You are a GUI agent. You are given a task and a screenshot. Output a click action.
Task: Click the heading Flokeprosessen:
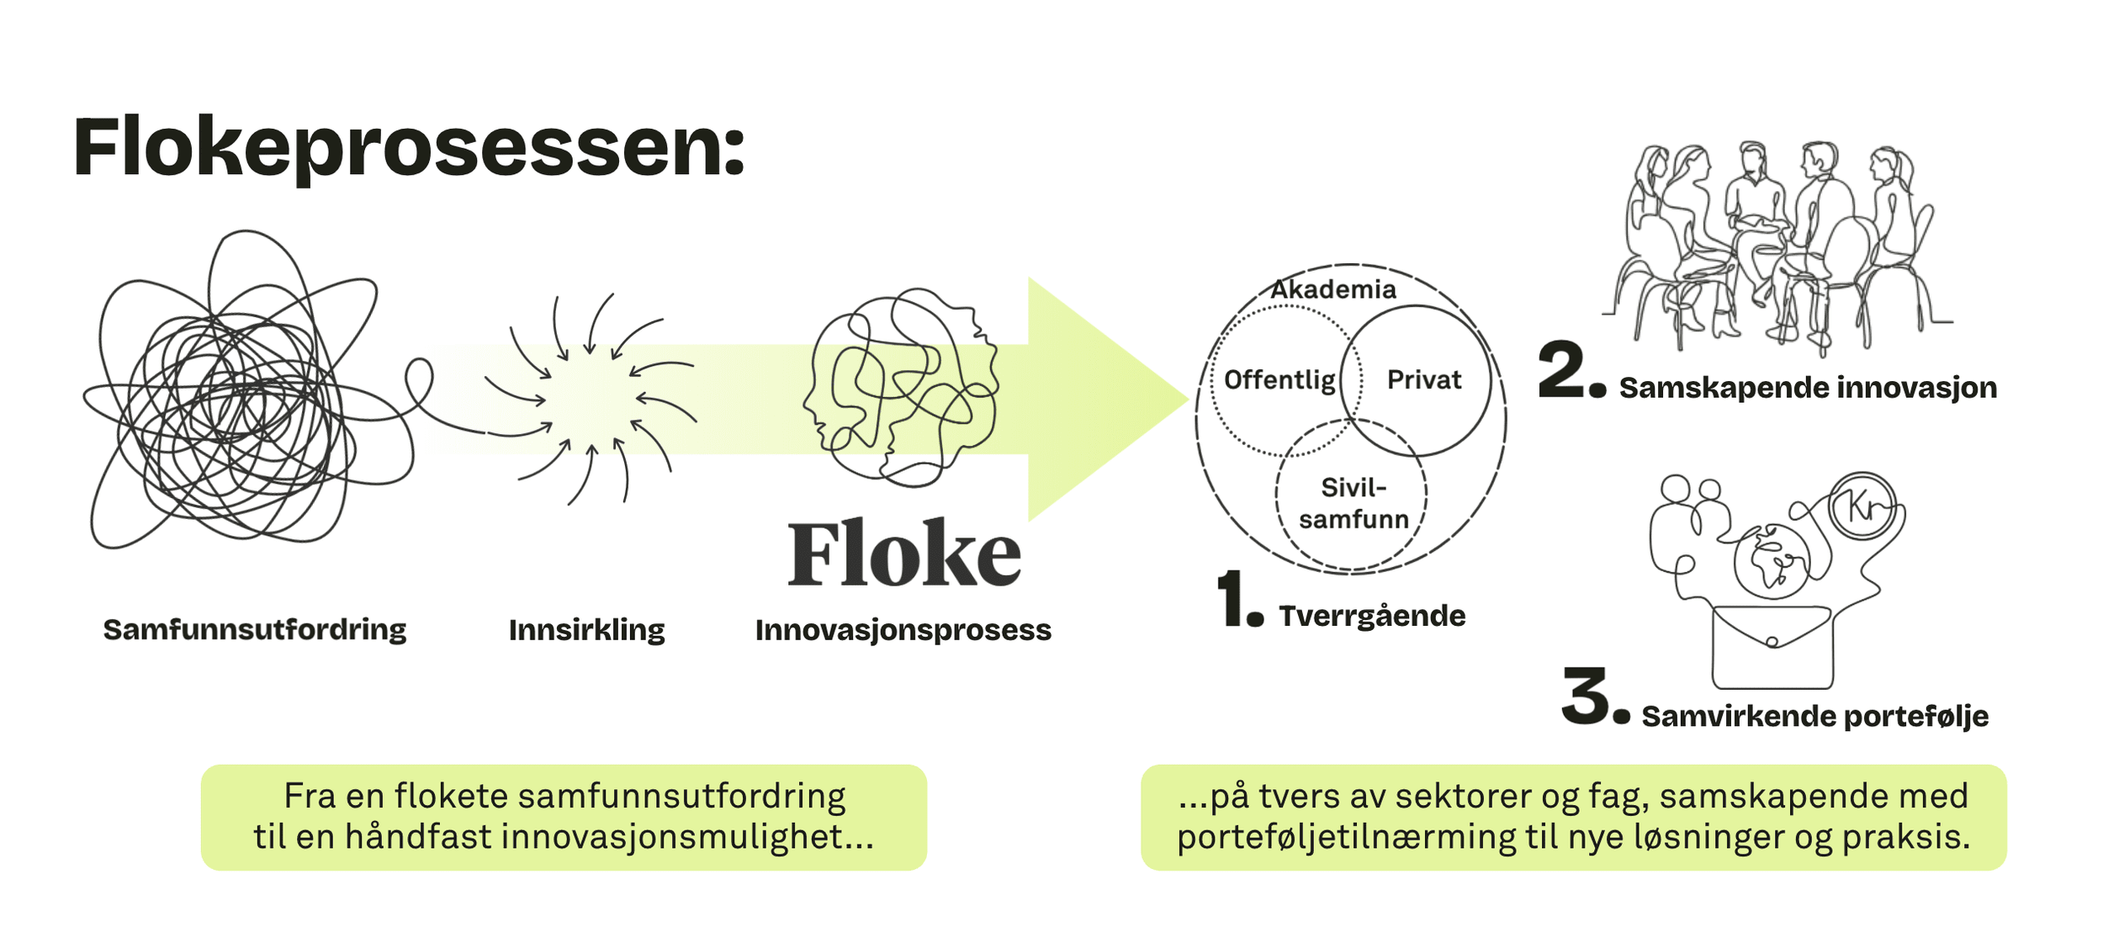click(x=409, y=148)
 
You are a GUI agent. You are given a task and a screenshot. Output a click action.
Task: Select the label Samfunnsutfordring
click(x=254, y=629)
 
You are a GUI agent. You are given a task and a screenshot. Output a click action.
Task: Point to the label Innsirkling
click(x=586, y=630)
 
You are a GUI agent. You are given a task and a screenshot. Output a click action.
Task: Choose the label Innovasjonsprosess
click(x=903, y=630)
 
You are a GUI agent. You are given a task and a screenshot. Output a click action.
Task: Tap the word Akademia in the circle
click(x=1332, y=289)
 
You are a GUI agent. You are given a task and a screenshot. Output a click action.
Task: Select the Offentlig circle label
click(x=1279, y=380)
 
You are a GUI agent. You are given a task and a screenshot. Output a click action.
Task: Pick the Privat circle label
click(x=1423, y=379)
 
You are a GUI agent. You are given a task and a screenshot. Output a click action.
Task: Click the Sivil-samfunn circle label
click(x=1353, y=503)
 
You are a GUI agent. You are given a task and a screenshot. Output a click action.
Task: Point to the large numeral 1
click(x=1233, y=598)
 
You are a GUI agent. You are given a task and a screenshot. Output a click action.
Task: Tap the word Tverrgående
click(x=1372, y=616)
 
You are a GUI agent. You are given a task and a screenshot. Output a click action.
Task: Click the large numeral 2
click(x=1561, y=370)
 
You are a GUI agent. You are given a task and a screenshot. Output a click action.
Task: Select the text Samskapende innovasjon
click(x=1807, y=388)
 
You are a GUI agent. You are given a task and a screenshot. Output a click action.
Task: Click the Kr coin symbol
click(x=1864, y=506)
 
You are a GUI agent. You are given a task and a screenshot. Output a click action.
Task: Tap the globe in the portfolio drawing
click(x=1772, y=561)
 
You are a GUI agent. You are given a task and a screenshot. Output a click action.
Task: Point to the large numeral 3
click(x=1585, y=697)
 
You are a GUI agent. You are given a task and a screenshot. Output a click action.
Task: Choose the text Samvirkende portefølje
click(x=1814, y=717)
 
